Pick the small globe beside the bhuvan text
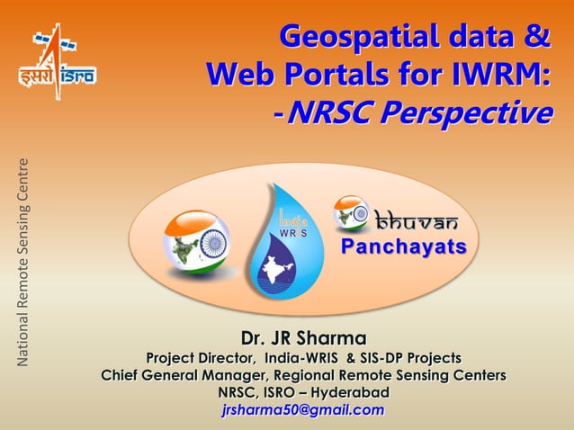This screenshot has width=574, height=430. tap(352, 213)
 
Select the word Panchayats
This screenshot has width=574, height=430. tap(404, 246)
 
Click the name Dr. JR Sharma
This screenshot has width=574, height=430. tap(303, 339)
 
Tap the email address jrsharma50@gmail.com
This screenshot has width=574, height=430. tap(302, 411)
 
